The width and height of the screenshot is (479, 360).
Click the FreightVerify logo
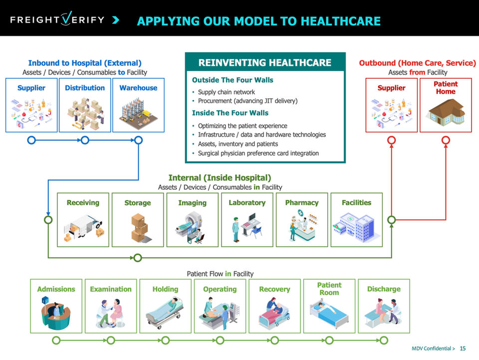coord(58,20)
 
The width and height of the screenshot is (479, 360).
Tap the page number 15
coord(463,349)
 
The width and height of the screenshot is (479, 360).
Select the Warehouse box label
coord(138,88)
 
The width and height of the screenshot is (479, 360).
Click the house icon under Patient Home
coord(445,112)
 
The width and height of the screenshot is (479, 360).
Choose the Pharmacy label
coord(301,203)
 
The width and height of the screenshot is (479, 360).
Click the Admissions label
coord(56,289)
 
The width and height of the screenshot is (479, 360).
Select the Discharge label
coord(384,289)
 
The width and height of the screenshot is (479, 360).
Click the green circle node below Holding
coord(165,341)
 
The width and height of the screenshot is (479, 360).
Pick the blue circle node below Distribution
coord(85,140)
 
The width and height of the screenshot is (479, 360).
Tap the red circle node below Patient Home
coord(446,140)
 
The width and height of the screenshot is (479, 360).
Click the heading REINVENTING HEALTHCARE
coord(265,63)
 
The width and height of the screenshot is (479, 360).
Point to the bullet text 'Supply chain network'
coord(226,92)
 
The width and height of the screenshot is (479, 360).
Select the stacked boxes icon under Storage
coord(138,227)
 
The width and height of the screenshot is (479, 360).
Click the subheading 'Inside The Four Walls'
coord(230,113)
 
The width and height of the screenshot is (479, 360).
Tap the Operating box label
coord(220,289)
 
